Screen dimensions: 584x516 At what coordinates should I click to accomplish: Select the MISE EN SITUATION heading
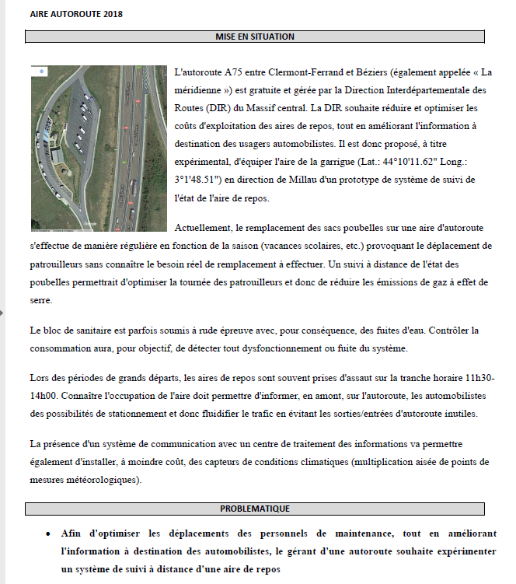(x=254, y=37)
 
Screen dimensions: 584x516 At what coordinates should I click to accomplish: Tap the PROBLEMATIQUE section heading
(x=254, y=509)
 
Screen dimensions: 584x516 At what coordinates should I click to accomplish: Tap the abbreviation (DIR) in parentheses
(x=219, y=109)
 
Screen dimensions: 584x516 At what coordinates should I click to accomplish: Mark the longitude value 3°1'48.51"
(x=203, y=180)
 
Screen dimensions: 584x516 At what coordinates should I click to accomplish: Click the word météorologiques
(x=115, y=480)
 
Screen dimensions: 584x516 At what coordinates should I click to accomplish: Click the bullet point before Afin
(x=48, y=534)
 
